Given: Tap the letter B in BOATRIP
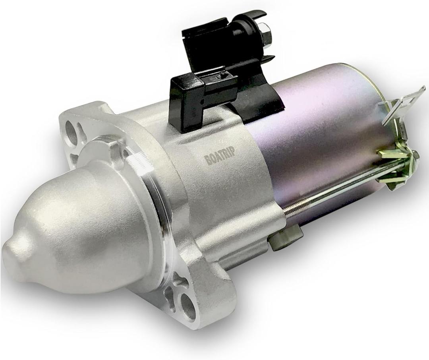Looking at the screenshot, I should click(208, 160).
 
